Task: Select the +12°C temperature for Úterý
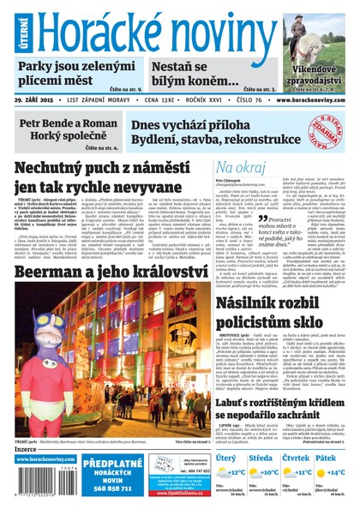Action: [236, 471]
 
